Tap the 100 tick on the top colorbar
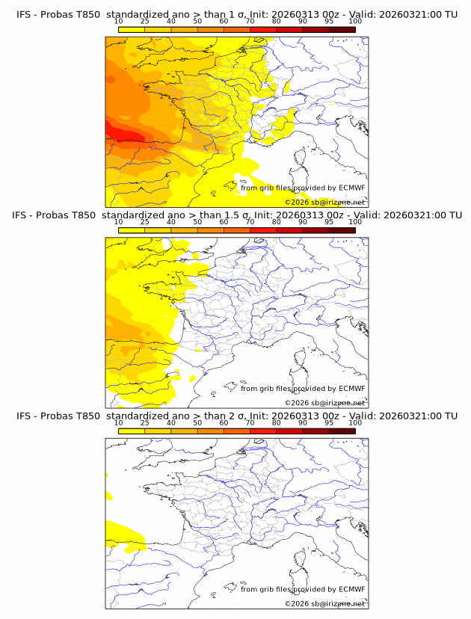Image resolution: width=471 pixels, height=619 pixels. point(355,22)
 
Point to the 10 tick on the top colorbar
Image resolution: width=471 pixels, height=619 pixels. point(119,22)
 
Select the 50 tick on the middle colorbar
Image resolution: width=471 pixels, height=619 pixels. point(197,222)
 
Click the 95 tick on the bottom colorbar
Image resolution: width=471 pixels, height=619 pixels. point(329,422)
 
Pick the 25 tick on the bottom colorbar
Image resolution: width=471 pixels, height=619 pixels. point(145,422)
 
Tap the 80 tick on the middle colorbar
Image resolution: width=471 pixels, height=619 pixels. point(277,222)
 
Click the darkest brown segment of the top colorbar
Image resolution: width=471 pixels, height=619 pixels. point(342,29)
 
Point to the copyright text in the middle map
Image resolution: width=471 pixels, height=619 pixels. point(324,402)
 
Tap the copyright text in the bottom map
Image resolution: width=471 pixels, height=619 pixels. point(324,603)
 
